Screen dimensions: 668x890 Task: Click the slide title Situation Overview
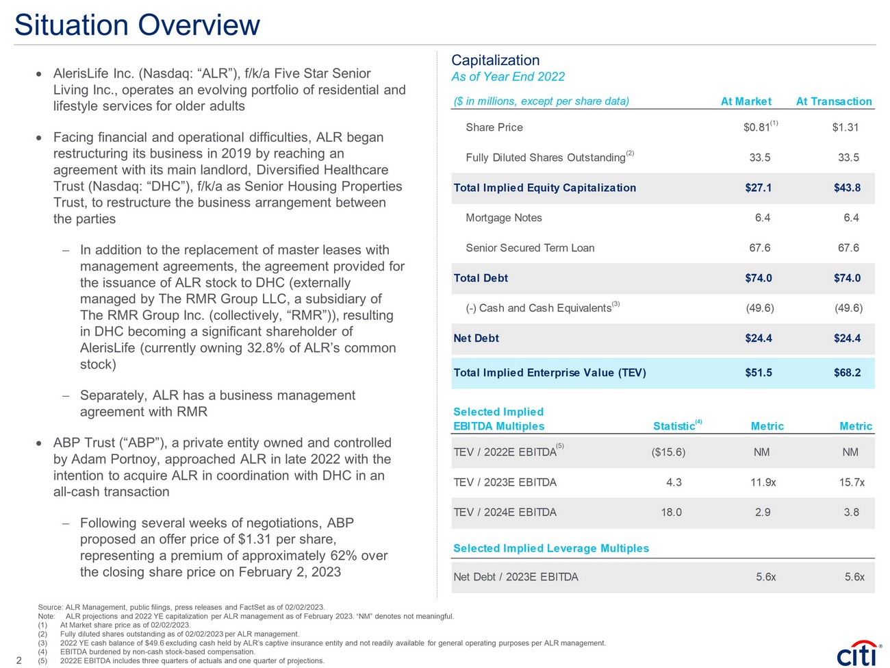point(137,25)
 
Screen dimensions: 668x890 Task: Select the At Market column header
point(746,101)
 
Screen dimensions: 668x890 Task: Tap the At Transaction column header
point(833,101)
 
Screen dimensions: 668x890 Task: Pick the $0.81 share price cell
point(756,127)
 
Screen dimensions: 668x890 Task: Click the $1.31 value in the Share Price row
point(845,127)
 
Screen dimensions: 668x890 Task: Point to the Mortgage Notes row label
point(503,218)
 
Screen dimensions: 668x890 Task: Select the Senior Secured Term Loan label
point(530,248)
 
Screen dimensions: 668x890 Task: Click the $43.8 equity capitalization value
point(847,188)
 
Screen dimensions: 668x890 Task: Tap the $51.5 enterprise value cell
point(758,373)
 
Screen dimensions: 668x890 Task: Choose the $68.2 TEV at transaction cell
point(847,373)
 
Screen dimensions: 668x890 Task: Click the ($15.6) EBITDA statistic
point(668,452)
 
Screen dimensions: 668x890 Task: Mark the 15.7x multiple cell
point(852,482)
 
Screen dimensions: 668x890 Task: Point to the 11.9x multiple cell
point(763,482)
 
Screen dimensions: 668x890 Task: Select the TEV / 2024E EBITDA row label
point(505,512)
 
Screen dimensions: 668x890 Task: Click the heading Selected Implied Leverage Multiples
point(551,548)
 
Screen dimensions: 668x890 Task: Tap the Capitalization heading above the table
point(495,60)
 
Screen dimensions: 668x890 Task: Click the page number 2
point(18,660)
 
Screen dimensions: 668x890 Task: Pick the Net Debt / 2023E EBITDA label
point(516,577)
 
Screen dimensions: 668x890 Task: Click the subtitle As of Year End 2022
point(508,77)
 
